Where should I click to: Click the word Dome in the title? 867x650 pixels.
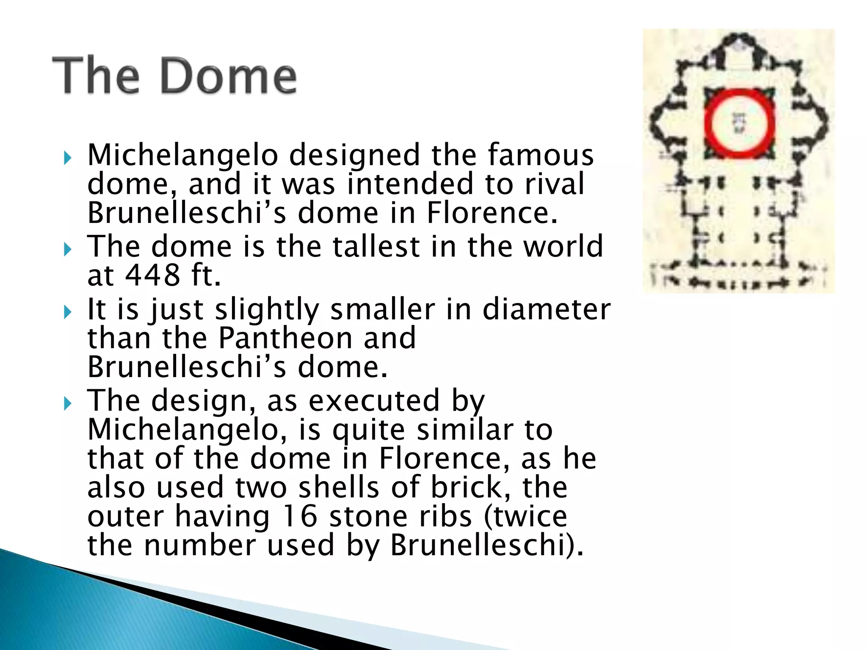pos(229,76)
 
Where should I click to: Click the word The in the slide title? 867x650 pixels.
pos(96,76)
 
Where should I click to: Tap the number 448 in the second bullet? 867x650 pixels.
pos(153,275)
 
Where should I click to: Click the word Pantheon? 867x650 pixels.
pos(285,338)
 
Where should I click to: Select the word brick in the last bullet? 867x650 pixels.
pos(470,487)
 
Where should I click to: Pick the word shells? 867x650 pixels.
pos(339,487)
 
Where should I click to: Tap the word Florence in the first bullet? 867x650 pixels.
pos(491,213)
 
